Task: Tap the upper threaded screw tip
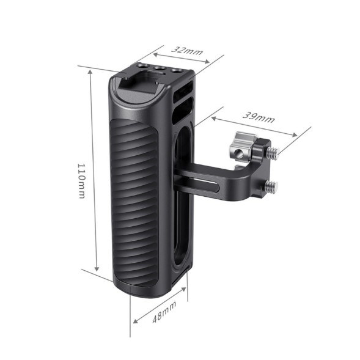tap(274, 150)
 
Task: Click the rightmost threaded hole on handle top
tap(176, 71)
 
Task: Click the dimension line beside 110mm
tap(94, 171)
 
